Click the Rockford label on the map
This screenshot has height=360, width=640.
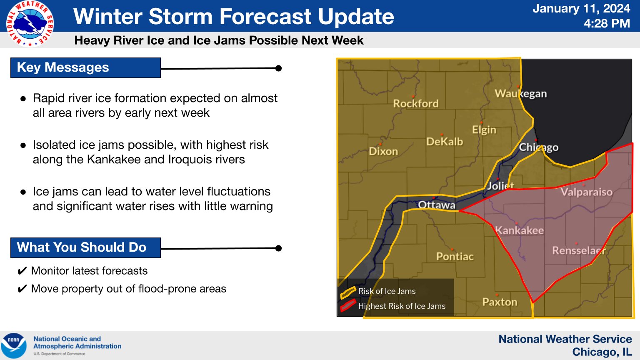click(x=416, y=103)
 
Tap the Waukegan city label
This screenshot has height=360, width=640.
click(x=520, y=93)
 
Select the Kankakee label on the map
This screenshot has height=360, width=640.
click(x=519, y=230)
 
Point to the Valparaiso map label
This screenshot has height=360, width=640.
click(x=586, y=192)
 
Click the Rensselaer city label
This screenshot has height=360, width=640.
click(x=579, y=250)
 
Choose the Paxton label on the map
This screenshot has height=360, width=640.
click(x=500, y=302)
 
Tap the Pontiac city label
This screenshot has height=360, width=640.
click(x=455, y=256)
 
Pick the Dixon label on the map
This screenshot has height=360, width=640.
click(x=383, y=151)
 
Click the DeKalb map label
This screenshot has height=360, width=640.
click(x=444, y=141)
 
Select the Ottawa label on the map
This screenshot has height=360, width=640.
click(x=436, y=205)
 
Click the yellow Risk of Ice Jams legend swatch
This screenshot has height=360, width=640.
click(x=348, y=292)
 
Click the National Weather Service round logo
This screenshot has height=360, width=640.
click(x=30, y=23)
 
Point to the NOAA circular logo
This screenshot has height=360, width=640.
click(x=14, y=345)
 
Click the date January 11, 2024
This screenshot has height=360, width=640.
click(x=581, y=8)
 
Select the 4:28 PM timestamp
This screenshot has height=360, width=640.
click(x=607, y=23)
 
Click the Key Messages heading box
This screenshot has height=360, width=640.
click(x=85, y=68)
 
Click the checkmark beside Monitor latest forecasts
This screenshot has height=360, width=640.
click(x=22, y=271)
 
